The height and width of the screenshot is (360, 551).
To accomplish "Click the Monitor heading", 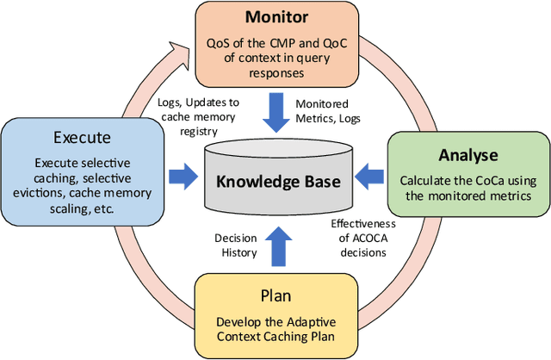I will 276,17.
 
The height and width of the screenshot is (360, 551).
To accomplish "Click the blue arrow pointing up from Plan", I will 277,246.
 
